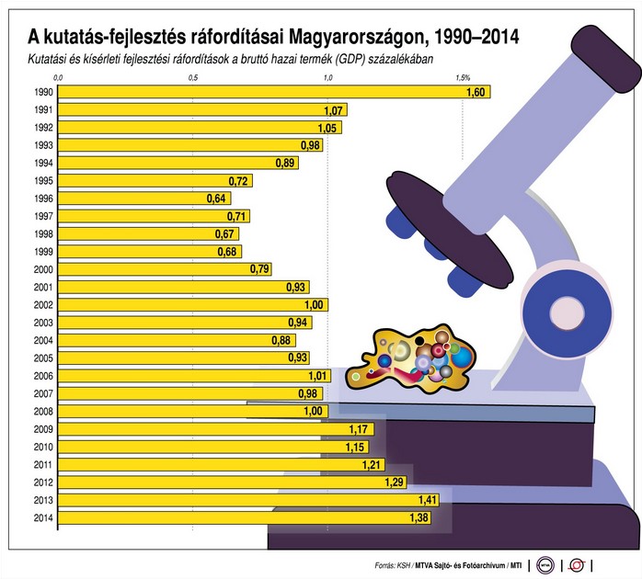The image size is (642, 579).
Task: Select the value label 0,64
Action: [216, 199]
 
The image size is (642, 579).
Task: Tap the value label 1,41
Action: [428, 501]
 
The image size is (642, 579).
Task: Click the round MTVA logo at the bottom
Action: [545, 564]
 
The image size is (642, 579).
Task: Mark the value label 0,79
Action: [260, 269]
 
